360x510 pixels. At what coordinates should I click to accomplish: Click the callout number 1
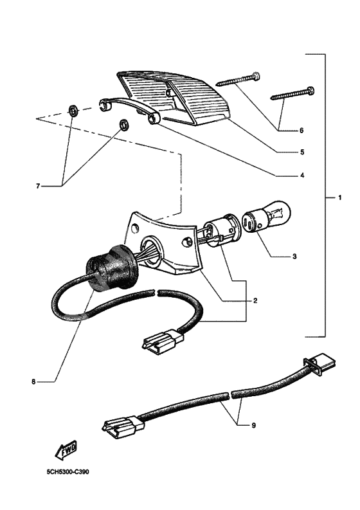340,197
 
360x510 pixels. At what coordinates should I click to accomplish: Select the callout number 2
255,300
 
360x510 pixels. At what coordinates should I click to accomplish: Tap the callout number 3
294,257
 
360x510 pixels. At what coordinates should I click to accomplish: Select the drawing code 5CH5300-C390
67,471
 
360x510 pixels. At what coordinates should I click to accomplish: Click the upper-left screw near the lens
237,80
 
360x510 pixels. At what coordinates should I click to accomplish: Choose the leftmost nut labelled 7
74,110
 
